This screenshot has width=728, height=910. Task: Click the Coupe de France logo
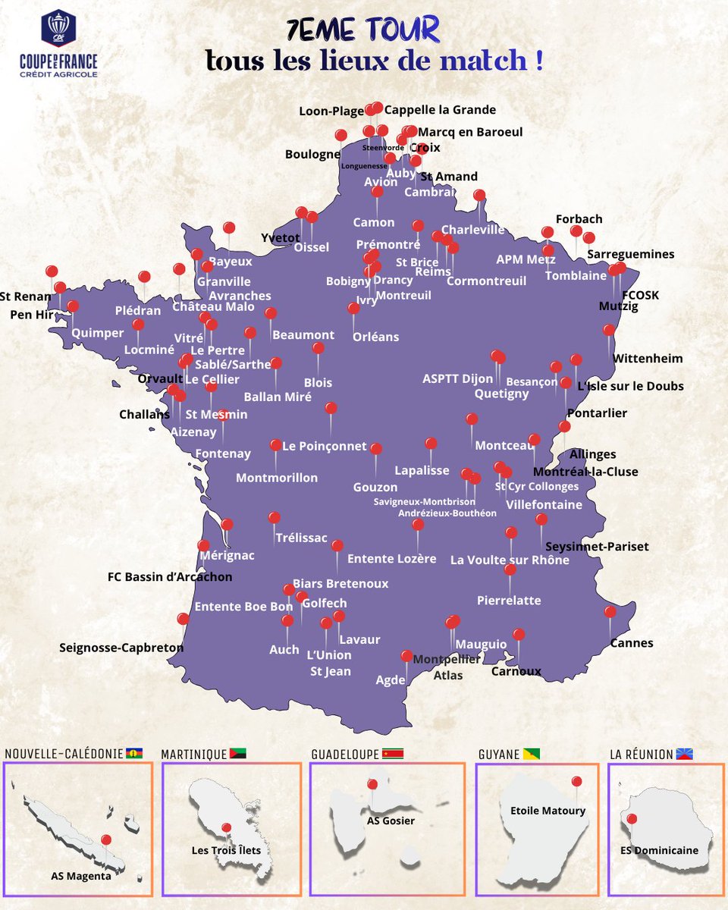[x=58, y=44]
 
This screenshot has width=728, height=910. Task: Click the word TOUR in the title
[x=402, y=30]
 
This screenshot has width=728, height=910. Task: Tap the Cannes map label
[x=631, y=643]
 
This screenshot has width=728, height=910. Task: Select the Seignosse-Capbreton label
[x=121, y=648]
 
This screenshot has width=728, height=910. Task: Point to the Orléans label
[x=375, y=337]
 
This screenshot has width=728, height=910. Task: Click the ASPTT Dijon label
[x=457, y=378]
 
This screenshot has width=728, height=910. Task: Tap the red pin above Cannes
[x=610, y=612]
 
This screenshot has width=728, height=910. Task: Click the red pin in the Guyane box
[x=576, y=781]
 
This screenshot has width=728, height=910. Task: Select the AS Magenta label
[x=76, y=876]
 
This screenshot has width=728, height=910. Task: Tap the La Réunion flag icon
[x=685, y=755]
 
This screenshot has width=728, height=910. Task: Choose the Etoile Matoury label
[x=548, y=811]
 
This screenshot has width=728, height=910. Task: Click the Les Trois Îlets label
[x=226, y=850]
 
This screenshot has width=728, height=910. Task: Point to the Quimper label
[x=97, y=332]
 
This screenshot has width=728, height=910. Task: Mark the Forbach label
[x=579, y=219]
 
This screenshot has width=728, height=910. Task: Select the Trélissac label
[x=301, y=538]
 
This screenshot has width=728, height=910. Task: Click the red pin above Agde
[x=406, y=656]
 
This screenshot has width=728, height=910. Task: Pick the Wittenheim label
[x=647, y=358]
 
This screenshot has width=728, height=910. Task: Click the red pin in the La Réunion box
[x=631, y=818]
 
